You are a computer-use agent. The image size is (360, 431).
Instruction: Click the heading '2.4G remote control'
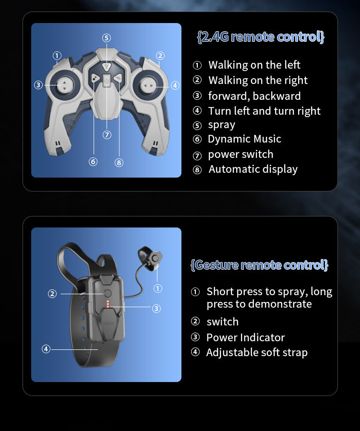click(261, 37)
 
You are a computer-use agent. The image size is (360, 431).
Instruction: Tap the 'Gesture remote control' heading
click(259, 265)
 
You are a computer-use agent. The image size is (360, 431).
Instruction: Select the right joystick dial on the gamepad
click(148, 86)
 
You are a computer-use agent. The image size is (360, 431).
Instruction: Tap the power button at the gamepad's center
click(107, 81)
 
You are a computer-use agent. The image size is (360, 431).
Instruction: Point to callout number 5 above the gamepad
click(107, 38)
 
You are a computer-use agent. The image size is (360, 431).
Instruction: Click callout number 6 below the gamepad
click(93, 162)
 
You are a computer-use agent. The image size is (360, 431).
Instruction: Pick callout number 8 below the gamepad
click(119, 162)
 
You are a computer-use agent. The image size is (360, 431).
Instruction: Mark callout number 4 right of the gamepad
click(175, 85)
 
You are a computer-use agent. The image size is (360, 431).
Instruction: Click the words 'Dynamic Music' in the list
click(244, 139)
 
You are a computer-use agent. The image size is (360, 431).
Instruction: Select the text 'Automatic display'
click(253, 169)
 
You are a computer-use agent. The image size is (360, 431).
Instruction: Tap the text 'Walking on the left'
click(254, 65)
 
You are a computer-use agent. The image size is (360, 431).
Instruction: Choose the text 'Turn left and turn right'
click(264, 111)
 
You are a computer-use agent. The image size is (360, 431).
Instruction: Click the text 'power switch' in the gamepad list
click(240, 155)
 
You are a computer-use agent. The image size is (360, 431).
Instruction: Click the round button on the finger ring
click(155, 258)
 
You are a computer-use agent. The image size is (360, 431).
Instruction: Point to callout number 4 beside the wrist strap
click(46, 349)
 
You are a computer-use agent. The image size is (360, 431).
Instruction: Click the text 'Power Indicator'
click(245, 337)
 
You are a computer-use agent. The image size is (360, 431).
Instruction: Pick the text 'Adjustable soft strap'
click(257, 353)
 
